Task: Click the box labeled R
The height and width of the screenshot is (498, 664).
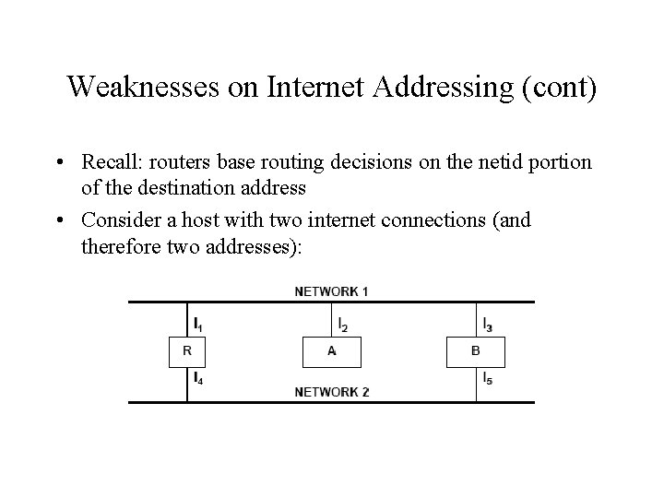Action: pyautogui.click(x=187, y=351)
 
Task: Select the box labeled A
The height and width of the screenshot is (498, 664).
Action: pyautogui.click(x=332, y=351)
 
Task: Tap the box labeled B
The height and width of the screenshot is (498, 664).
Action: pyautogui.click(x=476, y=351)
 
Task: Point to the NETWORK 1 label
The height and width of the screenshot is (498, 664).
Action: pyautogui.click(x=332, y=291)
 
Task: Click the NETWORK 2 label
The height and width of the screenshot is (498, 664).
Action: pyautogui.click(x=332, y=392)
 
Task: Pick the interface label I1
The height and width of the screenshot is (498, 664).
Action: pyautogui.click(x=198, y=325)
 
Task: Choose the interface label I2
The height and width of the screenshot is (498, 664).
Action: pyautogui.click(x=343, y=325)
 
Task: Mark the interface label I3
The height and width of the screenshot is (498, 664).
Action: pyautogui.click(x=487, y=325)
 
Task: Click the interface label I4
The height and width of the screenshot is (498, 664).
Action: pyautogui.click(x=198, y=379)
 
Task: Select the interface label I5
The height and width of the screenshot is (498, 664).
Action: pyautogui.click(x=487, y=379)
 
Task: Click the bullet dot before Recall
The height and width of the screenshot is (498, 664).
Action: pyautogui.click(x=58, y=163)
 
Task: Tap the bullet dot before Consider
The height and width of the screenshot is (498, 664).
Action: pyautogui.click(x=58, y=221)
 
